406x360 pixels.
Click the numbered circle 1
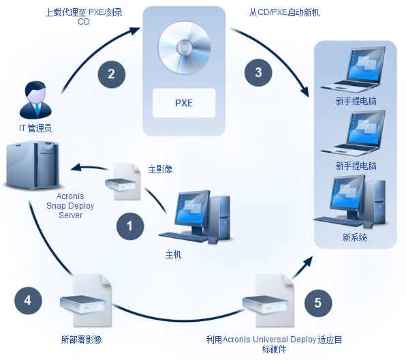[130, 226]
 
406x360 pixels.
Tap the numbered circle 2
[112, 74]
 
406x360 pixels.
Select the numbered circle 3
[258, 72]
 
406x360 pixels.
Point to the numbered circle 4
[28, 301]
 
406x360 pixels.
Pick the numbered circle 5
[318, 303]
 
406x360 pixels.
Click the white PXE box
[184, 103]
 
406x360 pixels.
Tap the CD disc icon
[184, 48]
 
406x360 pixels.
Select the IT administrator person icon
[35, 100]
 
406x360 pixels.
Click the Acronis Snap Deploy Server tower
[32, 165]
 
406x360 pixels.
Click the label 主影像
[160, 170]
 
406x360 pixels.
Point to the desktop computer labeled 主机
[196, 217]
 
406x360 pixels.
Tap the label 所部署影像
[81, 340]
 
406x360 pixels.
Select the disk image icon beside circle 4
[86, 301]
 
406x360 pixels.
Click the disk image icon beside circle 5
[268, 301]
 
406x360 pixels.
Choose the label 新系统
[354, 237]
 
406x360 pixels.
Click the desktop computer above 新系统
[350, 202]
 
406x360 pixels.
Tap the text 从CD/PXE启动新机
[284, 12]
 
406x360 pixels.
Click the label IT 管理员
[35, 128]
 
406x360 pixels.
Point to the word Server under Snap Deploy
[70, 215]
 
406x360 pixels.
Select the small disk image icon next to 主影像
[123, 181]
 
